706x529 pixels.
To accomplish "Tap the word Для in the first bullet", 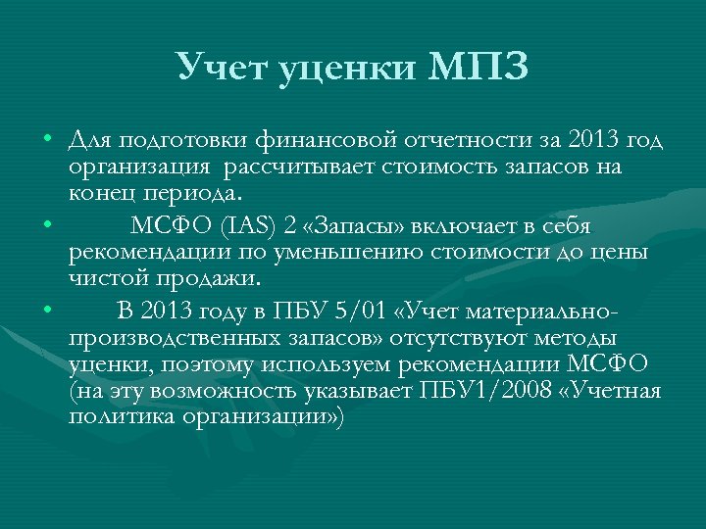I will (89, 140).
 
